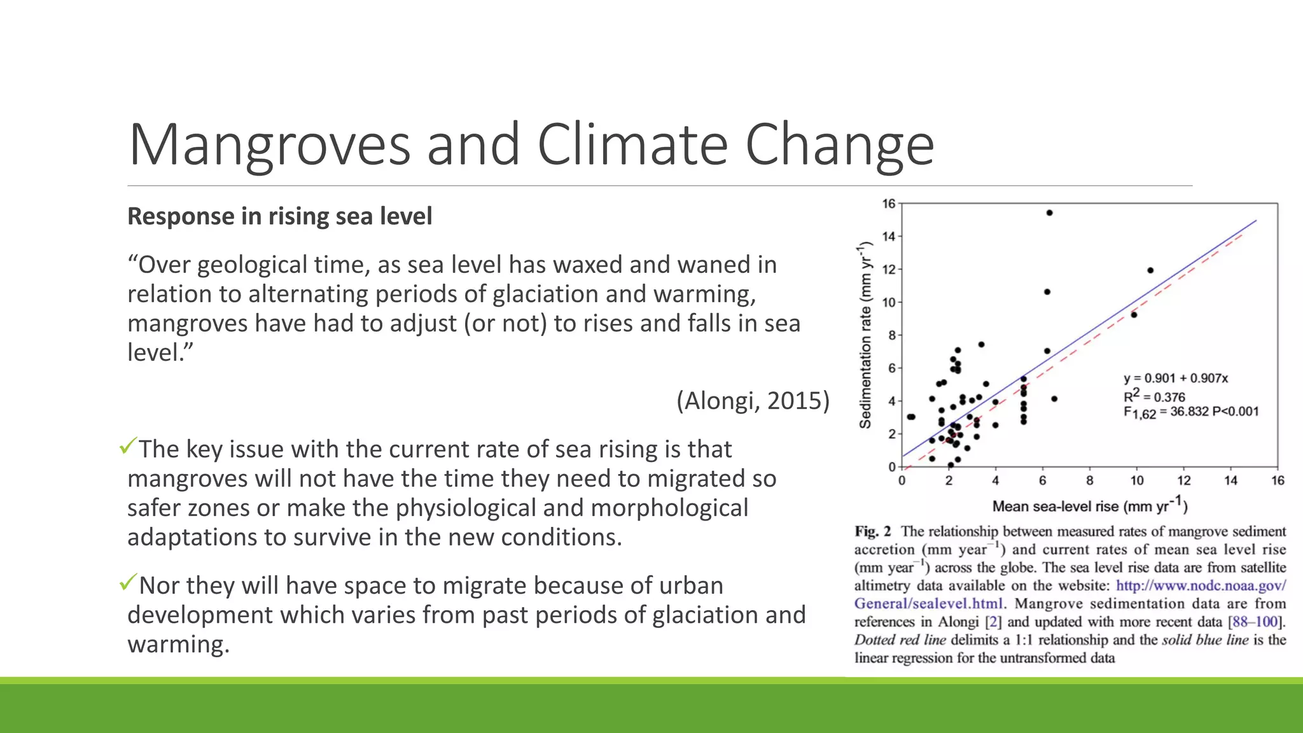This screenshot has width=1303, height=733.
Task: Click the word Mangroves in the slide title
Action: pyautogui.click(x=269, y=145)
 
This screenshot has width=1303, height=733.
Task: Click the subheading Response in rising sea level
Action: pyautogui.click(x=279, y=216)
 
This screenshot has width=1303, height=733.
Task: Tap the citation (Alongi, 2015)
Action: pyautogui.click(x=753, y=401)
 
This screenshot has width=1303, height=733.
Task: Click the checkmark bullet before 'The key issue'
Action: pyautogui.click(x=128, y=446)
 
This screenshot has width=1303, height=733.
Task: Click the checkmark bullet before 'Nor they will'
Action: pyautogui.click(x=128, y=582)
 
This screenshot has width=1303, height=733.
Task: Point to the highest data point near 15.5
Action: pyautogui.click(x=1049, y=213)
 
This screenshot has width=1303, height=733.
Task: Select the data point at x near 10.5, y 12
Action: pyautogui.click(x=1150, y=270)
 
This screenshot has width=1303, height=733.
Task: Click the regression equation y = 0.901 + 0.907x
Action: pyautogui.click(x=1175, y=378)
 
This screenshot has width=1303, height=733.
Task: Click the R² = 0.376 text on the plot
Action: pyautogui.click(x=1153, y=396)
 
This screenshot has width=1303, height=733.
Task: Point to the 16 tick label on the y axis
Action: pyautogui.click(x=888, y=204)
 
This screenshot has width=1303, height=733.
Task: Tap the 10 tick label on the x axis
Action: pyautogui.click(x=1137, y=481)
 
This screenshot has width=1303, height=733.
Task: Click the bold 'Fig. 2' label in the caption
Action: pyautogui.click(x=872, y=531)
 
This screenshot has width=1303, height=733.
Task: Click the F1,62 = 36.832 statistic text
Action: pyautogui.click(x=1190, y=412)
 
